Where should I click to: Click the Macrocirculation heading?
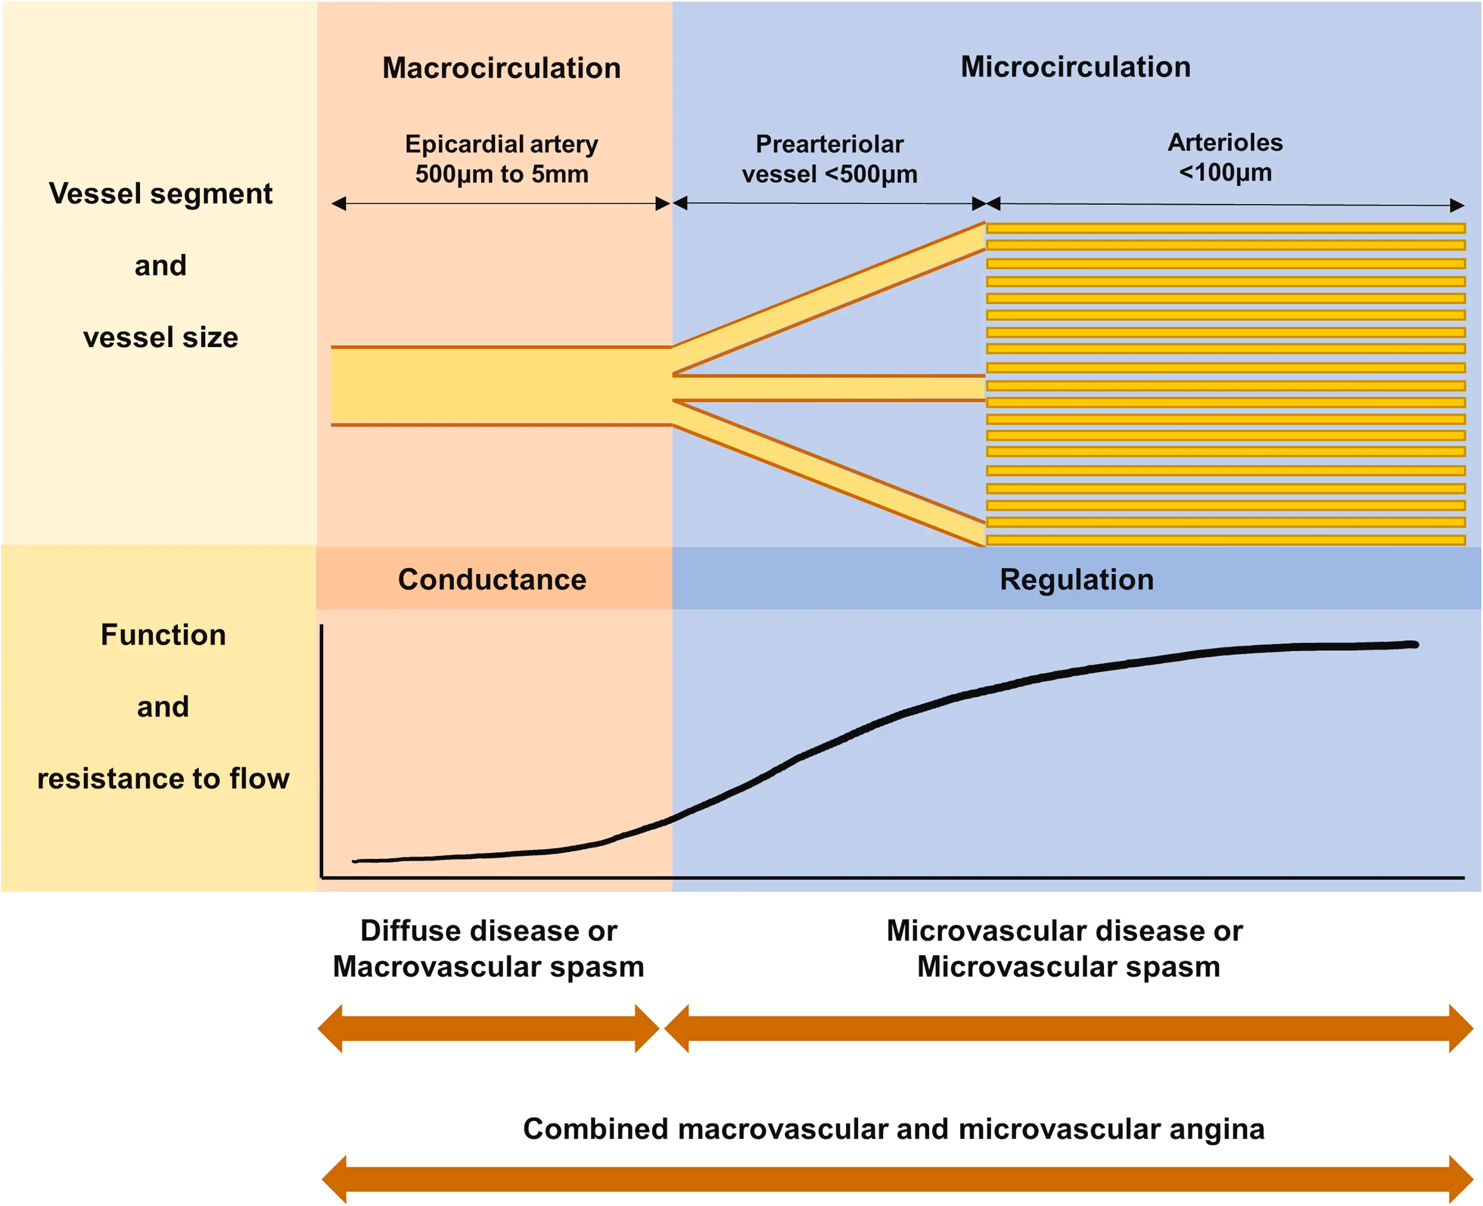[501, 68]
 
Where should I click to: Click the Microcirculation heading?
[1075, 67]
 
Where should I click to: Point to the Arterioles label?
[1225, 142]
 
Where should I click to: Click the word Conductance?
[492, 579]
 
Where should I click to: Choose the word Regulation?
[1076, 579]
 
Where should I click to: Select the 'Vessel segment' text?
[160, 193]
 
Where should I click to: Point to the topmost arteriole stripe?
[1225, 228]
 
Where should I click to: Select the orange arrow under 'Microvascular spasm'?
[1068, 1028]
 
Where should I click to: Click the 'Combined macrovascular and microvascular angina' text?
[893, 1129]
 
